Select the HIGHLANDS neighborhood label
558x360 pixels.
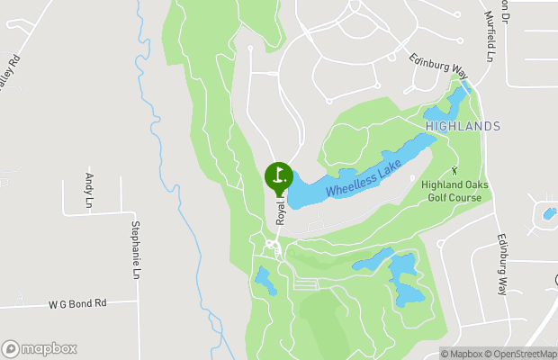point(462,127)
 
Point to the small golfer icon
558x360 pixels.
point(455,169)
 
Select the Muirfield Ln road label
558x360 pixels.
point(490,36)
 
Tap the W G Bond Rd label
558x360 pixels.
point(77,304)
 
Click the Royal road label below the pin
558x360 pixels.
point(281,211)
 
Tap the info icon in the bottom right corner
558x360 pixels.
point(552,354)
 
